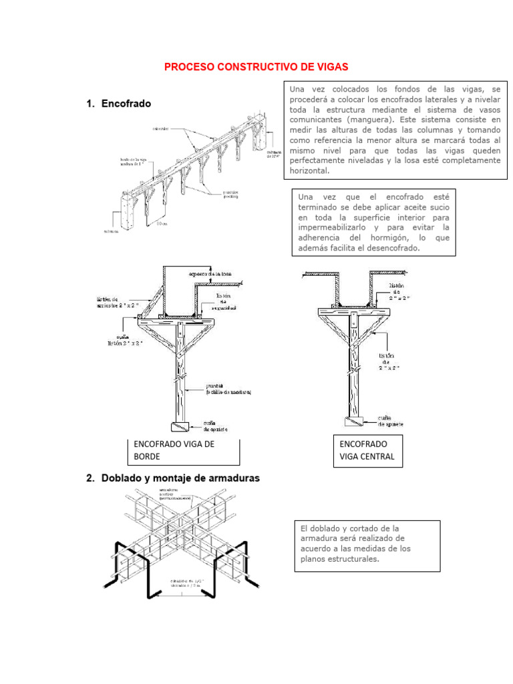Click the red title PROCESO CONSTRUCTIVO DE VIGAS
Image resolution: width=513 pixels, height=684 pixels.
point(256,67)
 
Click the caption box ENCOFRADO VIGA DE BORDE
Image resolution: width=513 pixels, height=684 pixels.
point(183,451)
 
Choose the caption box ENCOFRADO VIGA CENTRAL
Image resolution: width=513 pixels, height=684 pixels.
point(367,451)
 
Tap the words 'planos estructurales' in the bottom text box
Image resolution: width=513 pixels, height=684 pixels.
point(340,559)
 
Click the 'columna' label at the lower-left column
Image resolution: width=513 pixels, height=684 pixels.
point(111,232)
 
